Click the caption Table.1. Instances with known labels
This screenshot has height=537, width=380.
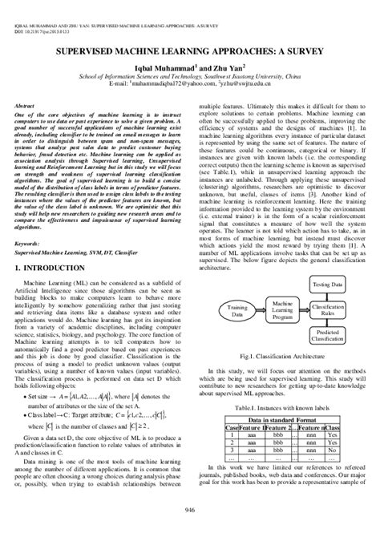pyautogui.click(x=284, y=406)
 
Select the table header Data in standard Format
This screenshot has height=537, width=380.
pyautogui.click(x=284, y=419)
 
